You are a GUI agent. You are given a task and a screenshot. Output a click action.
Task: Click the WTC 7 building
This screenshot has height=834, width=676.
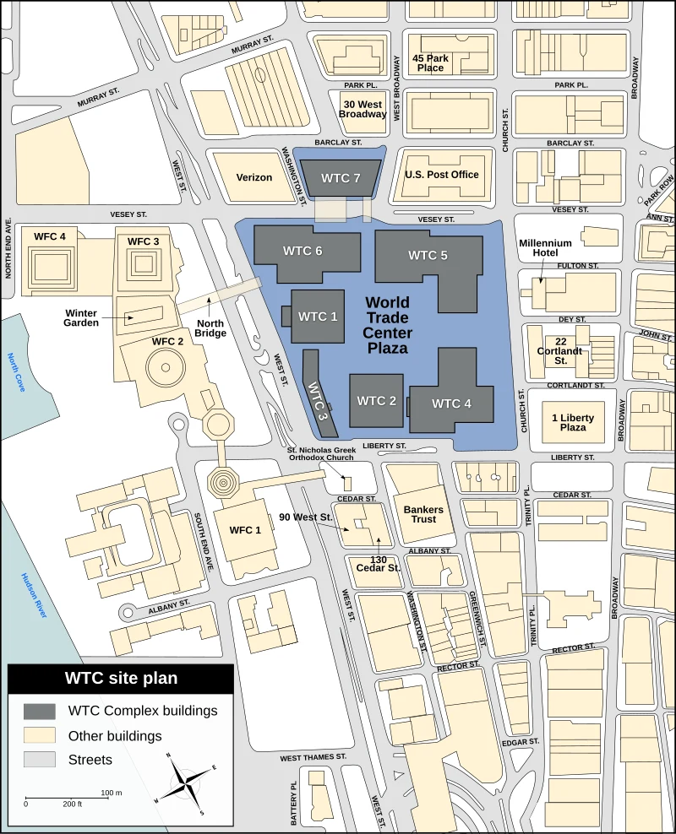pyautogui.click(x=341, y=178)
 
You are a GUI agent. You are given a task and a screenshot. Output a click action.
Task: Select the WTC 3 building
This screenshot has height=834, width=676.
pyautogui.click(x=316, y=392)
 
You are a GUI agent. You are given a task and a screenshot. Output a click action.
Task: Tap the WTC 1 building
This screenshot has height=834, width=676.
pyautogui.click(x=318, y=317)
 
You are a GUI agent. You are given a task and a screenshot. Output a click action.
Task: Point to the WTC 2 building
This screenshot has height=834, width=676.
pyautogui.click(x=376, y=400)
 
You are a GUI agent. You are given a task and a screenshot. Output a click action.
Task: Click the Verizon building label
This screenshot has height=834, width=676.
pyautogui.click(x=254, y=177)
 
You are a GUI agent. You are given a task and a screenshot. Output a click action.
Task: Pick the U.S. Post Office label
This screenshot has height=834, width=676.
pyautogui.click(x=442, y=175)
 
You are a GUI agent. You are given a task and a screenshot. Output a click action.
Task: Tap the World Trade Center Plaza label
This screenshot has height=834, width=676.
pyautogui.click(x=388, y=325)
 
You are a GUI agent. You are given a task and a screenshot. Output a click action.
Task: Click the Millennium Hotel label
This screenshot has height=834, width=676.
pyautogui.click(x=546, y=248)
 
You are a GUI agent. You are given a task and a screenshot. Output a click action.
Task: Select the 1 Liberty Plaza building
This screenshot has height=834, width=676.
pyautogui.click(x=573, y=423)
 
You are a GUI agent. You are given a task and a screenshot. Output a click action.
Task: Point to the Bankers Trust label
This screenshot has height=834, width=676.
pyautogui.click(x=420, y=514)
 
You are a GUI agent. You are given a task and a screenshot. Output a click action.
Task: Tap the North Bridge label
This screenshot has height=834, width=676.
pyautogui.click(x=210, y=328)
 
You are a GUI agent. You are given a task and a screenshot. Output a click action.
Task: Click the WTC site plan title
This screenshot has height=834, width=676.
pyautogui.click(x=121, y=678)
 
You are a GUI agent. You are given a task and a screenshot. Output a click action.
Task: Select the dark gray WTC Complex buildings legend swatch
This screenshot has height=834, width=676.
pyautogui.click(x=40, y=711)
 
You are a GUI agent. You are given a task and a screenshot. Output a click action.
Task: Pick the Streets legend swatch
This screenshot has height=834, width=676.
pyautogui.click(x=40, y=760)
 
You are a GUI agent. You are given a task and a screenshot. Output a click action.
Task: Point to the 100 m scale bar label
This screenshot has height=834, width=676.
pyautogui.click(x=112, y=793)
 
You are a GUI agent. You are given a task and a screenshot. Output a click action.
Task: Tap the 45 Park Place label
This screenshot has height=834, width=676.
pyautogui.click(x=430, y=62)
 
